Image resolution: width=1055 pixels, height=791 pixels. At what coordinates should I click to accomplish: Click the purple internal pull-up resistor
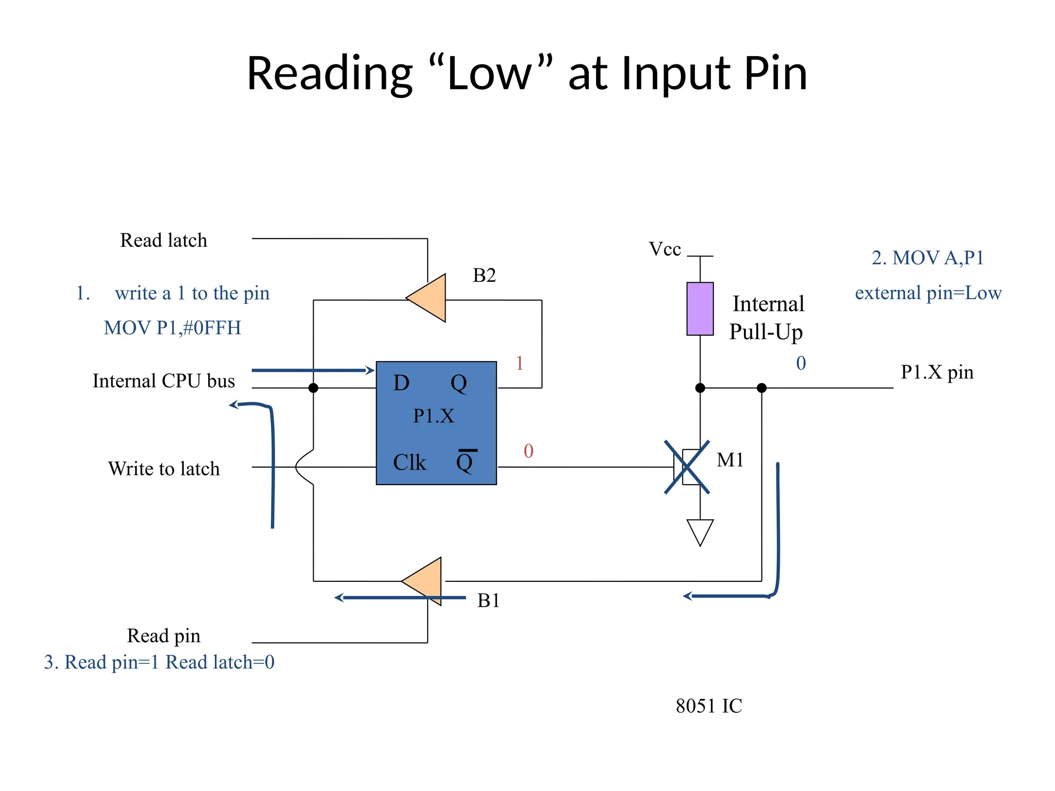(700, 309)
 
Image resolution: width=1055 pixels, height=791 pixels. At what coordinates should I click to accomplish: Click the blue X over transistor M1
(687, 467)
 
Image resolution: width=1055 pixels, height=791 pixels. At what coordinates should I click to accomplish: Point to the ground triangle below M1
(700, 530)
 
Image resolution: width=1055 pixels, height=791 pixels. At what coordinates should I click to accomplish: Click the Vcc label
(665, 249)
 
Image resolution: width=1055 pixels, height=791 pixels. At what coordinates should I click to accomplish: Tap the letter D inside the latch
(401, 383)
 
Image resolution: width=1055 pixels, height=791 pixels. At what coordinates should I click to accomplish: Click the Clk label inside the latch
(409, 462)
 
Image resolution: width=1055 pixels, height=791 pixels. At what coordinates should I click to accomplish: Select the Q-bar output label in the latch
(465, 461)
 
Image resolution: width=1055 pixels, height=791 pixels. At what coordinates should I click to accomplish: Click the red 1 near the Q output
(519, 363)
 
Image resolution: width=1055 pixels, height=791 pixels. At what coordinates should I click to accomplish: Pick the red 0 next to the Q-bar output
(529, 451)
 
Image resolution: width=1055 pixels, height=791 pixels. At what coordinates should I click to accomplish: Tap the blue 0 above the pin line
(801, 363)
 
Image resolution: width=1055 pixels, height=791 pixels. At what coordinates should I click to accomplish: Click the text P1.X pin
(937, 372)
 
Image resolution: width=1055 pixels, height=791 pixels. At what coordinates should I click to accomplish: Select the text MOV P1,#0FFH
(172, 328)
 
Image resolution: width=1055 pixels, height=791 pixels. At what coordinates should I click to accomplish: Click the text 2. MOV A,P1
(927, 257)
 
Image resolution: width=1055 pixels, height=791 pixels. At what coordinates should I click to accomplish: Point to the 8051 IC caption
(709, 706)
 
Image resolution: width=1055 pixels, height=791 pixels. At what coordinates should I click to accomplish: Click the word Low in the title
(488, 73)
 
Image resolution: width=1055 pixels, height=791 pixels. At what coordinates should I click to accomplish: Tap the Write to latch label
(164, 469)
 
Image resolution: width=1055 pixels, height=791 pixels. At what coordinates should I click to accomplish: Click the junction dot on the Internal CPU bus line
(313, 388)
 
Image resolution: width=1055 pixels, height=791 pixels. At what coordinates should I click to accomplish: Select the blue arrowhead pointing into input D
(369, 370)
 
